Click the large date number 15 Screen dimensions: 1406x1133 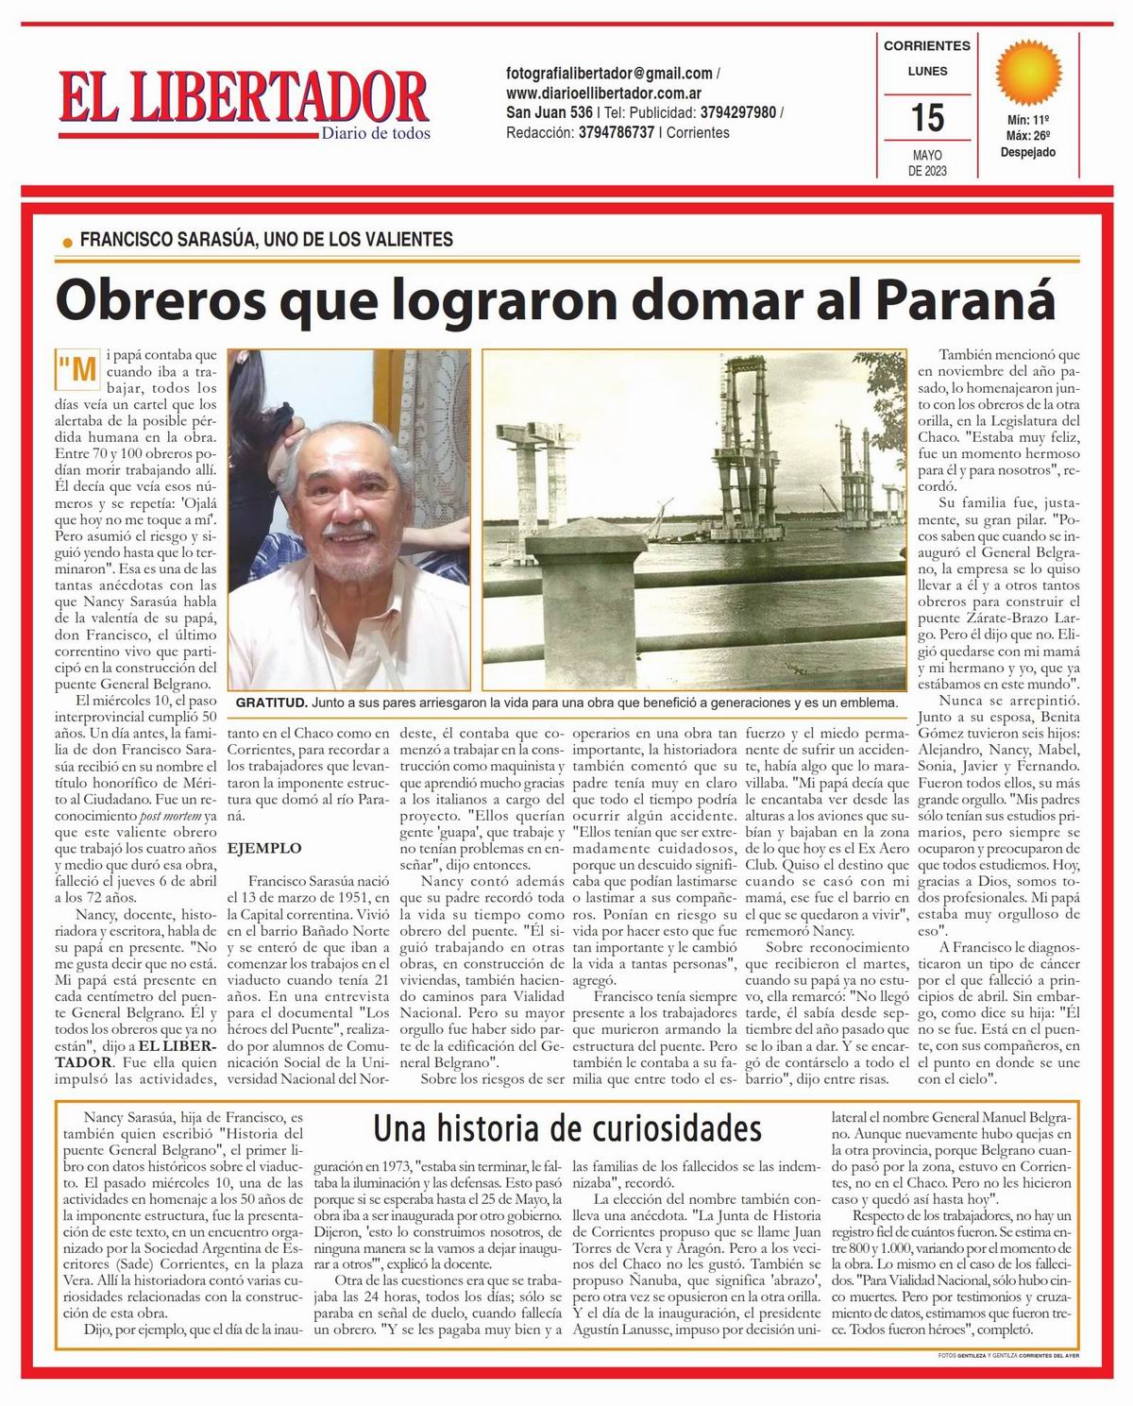point(926,118)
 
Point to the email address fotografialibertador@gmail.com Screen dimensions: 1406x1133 point(609,74)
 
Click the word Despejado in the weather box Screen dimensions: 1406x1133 point(1028,152)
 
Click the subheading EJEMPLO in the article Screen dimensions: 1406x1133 point(264,848)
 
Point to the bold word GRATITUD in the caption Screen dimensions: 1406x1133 point(271,703)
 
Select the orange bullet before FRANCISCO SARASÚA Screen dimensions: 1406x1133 point(66,243)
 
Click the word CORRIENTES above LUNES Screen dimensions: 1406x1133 point(926,45)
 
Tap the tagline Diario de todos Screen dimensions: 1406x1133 point(376,133)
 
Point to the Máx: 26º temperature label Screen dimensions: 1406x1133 point(1028,136)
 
